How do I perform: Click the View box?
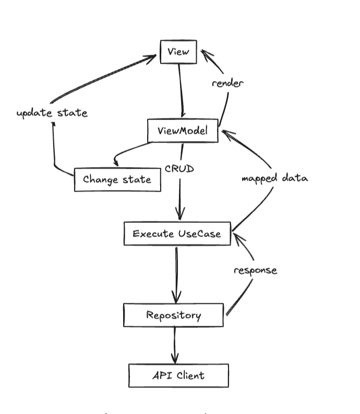point(178,52)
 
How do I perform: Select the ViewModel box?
point(182,131)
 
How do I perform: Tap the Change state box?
point(117,180)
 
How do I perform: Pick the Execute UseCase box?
point(177,233)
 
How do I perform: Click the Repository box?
point(173,315)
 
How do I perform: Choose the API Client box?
point(178,375)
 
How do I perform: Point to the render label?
point(227,83)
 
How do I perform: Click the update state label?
point(52,113)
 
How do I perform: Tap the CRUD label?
point(180,169)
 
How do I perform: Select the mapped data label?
point(274,178)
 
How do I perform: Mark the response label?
point(255,270)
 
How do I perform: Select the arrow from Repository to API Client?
point(175,345)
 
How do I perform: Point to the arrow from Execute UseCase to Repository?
point(176,274)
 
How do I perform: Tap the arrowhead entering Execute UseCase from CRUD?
point(181,215)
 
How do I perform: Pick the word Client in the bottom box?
point(190,375)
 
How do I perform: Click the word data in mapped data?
point(295,178)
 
